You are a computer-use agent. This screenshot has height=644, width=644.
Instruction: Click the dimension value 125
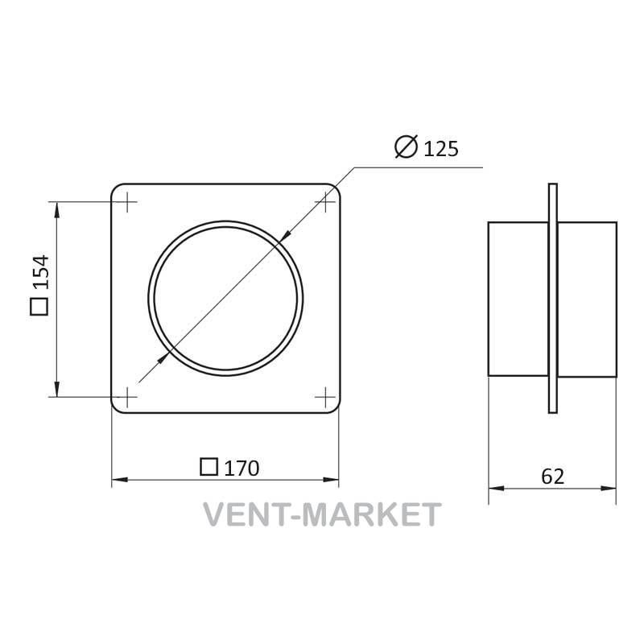pos(440,149)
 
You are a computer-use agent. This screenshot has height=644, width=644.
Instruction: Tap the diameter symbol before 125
pos(406,147)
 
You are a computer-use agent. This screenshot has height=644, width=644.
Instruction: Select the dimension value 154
pos(41,272)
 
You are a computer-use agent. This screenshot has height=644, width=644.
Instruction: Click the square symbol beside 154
pos(39,307)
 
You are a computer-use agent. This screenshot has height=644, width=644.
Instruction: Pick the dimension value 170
pos(242,469)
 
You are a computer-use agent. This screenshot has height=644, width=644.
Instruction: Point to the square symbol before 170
pos(208,467)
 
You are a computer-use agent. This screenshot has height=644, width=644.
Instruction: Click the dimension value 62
pos(552,477)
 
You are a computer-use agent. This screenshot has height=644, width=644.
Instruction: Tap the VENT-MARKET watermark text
pos(323,514)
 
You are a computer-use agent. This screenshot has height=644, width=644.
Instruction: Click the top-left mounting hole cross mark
pos(129,202)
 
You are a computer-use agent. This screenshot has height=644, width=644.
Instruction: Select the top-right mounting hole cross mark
pos(325,202)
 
